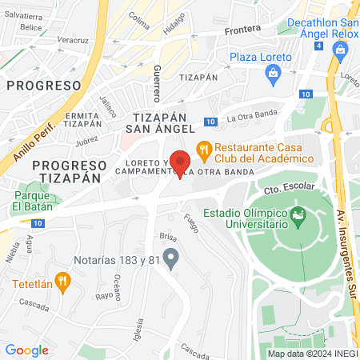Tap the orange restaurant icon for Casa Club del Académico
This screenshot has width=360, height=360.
[x=204, y=148]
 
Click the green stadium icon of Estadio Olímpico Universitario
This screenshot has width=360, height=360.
[x=298, y=214]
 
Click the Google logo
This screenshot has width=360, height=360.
[x=26, y=350]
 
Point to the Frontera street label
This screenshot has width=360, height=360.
[x=243, y=29]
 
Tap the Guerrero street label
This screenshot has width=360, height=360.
[x=158, y=83]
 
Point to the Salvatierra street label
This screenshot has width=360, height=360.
[x=22, y=16]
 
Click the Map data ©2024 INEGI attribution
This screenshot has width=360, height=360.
[x=312, y=353]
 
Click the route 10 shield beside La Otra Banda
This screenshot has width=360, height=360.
[x=210, y=122]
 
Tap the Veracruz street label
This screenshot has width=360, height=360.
[x=73, y=39]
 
